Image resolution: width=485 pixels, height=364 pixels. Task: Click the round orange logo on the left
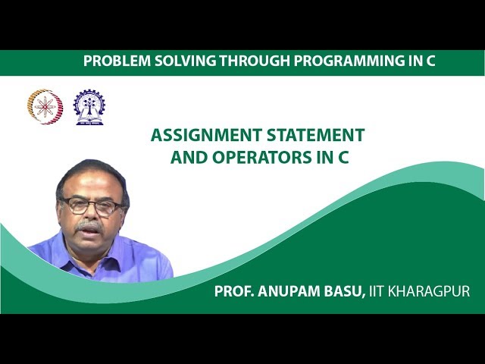[43, 106]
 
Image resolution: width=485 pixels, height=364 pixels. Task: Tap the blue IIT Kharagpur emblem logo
[89, 106]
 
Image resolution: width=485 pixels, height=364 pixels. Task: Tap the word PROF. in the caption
[235, 290]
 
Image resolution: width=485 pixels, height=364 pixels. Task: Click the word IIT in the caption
[378, 290]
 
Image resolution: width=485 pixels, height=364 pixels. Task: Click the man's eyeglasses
[91, 205]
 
